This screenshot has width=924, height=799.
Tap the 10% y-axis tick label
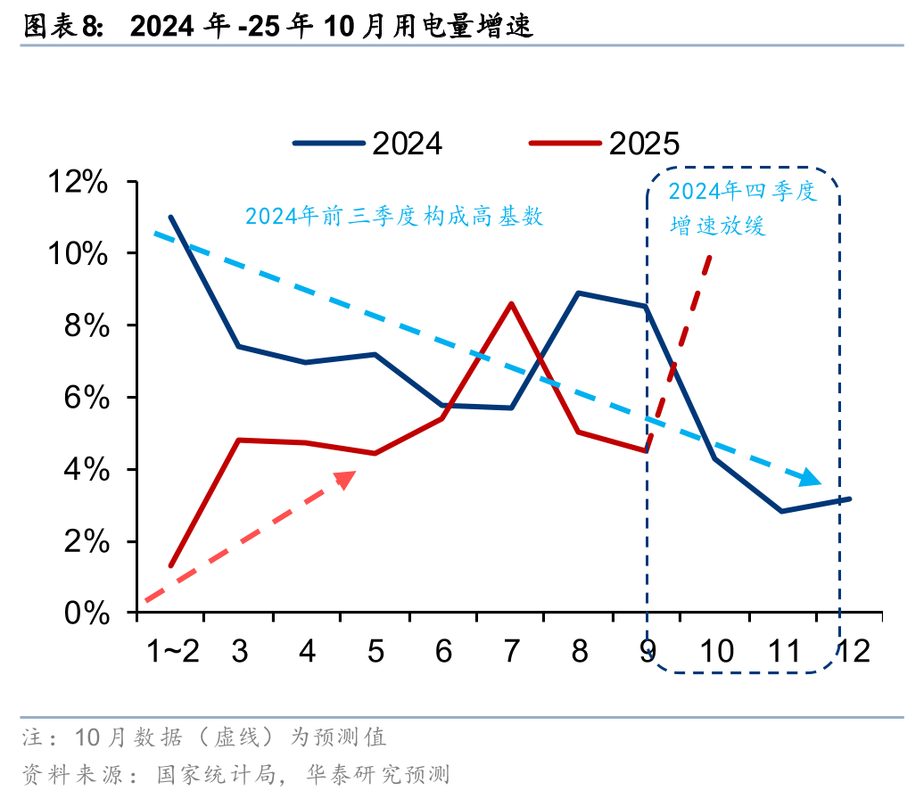tap(78, 254)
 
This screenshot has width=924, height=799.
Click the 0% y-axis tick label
tap(87, 614)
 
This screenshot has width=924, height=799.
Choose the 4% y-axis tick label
tap(87, 470)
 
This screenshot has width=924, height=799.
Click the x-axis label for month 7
tap(511, 651)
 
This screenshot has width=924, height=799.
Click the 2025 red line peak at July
tap(511, 303)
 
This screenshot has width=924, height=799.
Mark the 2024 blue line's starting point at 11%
tap(170, 217)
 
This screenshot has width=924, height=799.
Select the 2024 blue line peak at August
tap(579, 292)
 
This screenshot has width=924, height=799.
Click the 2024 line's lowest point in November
tap(782, 511)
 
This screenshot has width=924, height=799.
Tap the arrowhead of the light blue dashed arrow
tap(811, 479)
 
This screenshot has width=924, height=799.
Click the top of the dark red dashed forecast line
tap(710, 257)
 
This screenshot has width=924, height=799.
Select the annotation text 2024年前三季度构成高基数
tap(394, 217)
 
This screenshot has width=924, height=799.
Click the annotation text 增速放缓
tap(718, 227)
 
